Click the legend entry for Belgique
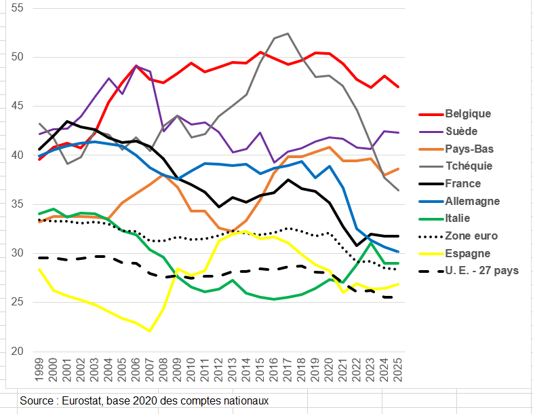[x=467, y=113]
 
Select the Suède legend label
[x=462, y=131]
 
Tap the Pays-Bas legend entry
[x=469, y=149]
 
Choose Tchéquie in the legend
[x=469, y=166]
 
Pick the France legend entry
[x=463, y=183]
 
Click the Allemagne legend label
[x=472, y=201]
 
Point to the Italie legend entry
[x=458, y=219]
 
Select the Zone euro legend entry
[x=471, y=236]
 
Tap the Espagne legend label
[x=468, y=253]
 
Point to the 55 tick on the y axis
[x=18, y=8]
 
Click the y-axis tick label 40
[x=18, y=155]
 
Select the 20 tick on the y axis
[x=18, y=352]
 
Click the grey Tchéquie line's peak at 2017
[x=288, y=33]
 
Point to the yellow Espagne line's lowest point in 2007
[x=150, y=331]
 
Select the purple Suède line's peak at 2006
[x=136, y=66]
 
